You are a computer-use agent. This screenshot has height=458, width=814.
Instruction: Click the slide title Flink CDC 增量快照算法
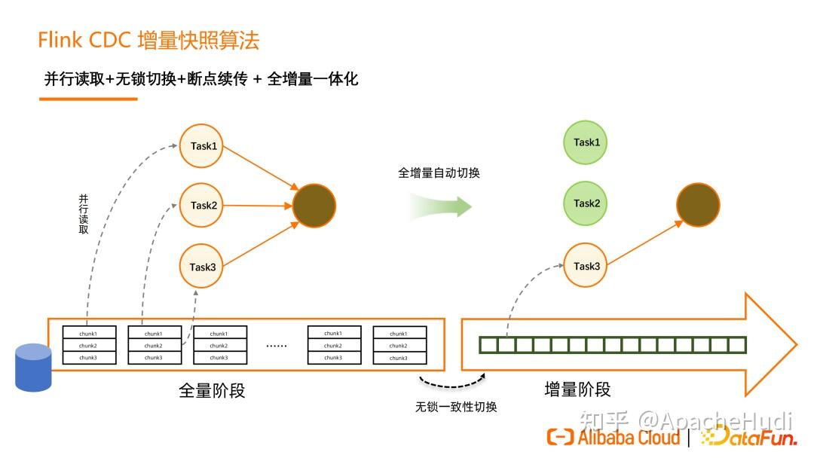[148, 40]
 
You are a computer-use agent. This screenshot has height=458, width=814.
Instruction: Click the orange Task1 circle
[202, 145]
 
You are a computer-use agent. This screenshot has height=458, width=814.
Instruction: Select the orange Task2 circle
[202, 205]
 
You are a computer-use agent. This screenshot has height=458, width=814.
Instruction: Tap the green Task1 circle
[586, 142]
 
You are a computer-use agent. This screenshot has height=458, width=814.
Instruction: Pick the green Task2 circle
[586, 203]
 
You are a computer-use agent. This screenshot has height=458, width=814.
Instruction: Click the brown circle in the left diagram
[314, 205]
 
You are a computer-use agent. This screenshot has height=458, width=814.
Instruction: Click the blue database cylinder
[33, 367]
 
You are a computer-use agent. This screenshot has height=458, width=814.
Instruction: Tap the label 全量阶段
[212, 390]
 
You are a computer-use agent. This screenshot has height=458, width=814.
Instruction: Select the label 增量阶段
[577, 389]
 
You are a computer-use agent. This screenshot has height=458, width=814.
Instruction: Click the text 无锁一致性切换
[456, 407]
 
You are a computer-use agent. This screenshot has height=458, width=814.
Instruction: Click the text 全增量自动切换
[439, 173]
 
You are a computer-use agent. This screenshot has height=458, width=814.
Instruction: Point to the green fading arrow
[440, 204]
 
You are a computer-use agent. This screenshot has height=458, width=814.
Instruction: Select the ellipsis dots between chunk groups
[277, 345]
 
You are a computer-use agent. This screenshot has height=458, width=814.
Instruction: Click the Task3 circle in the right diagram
[585, 265]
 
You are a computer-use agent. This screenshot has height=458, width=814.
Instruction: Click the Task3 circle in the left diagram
[202, 267]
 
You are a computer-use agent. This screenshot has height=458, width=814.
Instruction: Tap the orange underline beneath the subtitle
[87, 99]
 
